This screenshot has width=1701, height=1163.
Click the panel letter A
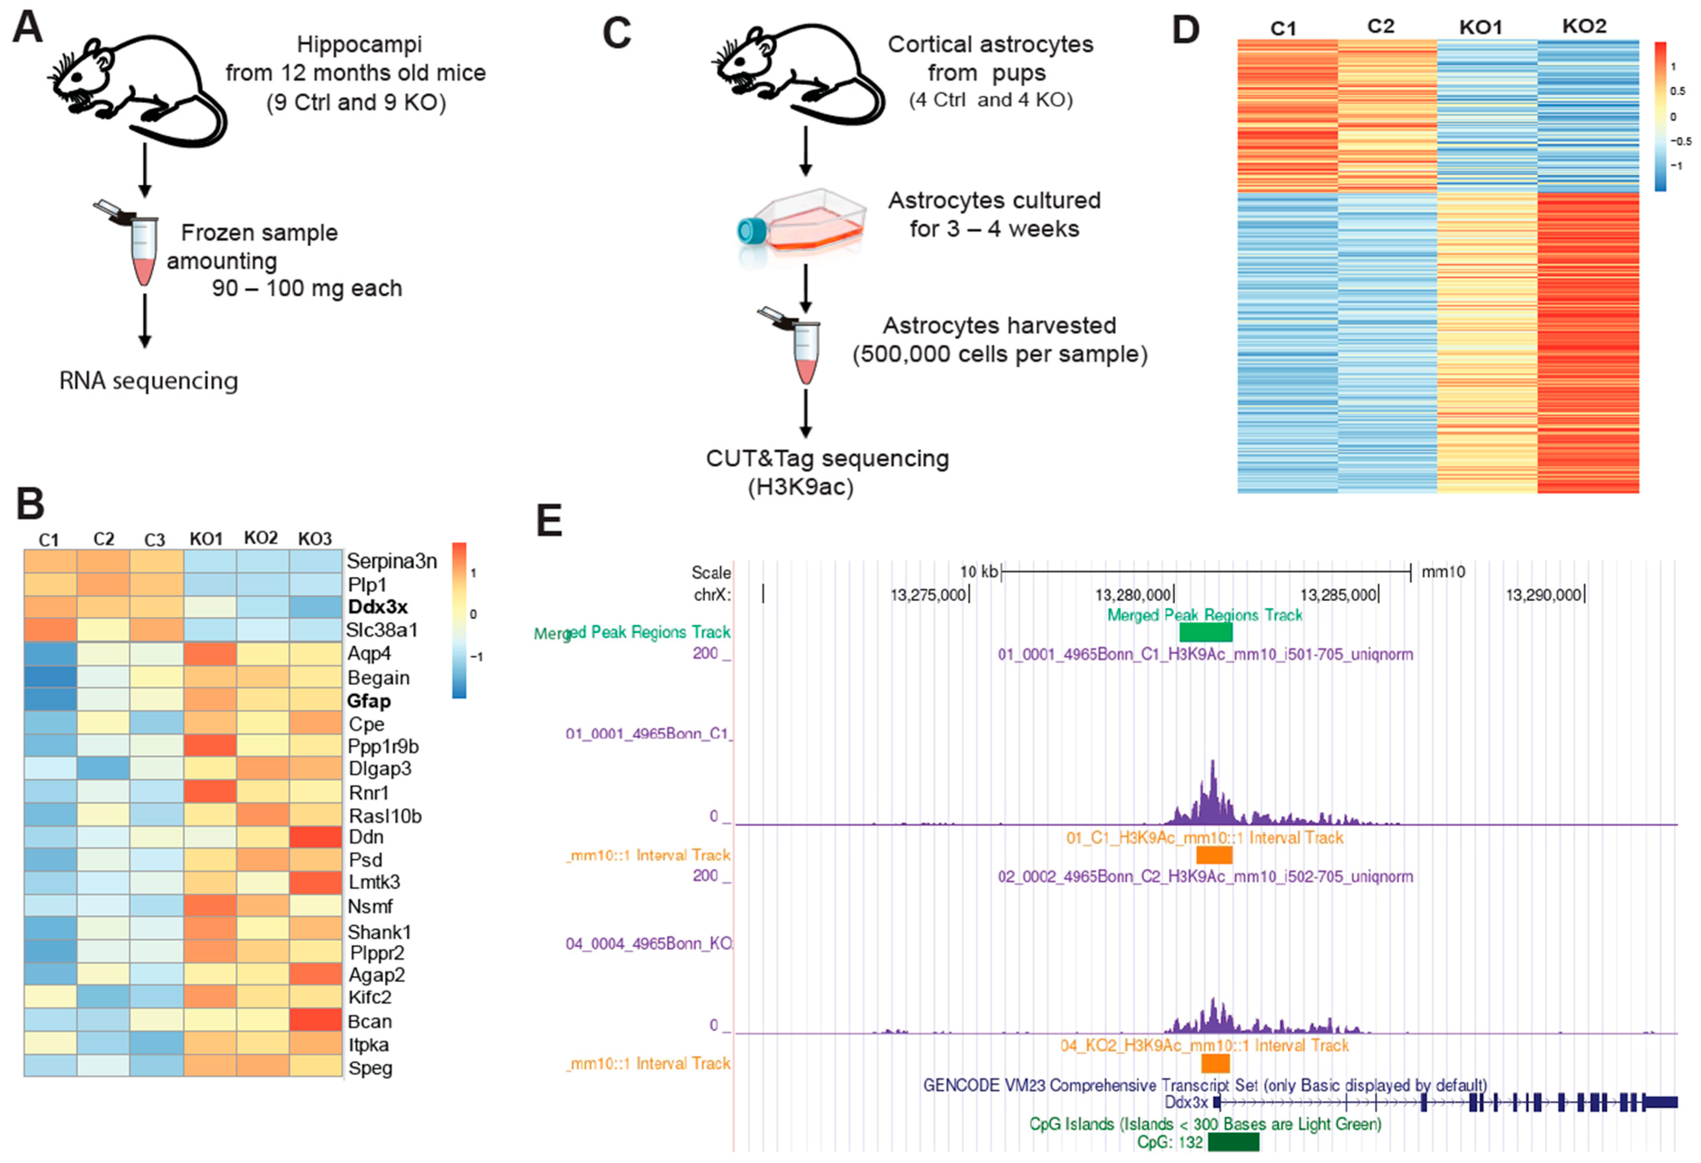pos(28,28)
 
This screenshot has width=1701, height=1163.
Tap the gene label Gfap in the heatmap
pos(369,701)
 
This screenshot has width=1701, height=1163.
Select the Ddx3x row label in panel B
pos(377,607)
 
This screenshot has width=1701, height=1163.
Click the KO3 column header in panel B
pos(315,539)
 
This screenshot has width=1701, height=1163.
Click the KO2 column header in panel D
pos(1584,26)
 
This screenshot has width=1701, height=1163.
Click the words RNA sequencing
pos(148,381)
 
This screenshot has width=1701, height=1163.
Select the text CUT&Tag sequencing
pos(827,458)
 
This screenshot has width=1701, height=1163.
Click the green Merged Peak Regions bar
pos(1205,632)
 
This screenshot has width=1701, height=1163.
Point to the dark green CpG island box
pos(1233,1142)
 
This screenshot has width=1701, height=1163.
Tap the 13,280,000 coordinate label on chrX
pos(1132,595)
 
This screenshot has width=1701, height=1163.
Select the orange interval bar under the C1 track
pos(1214,855)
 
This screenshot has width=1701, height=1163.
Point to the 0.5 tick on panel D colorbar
pos(1677,91)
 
